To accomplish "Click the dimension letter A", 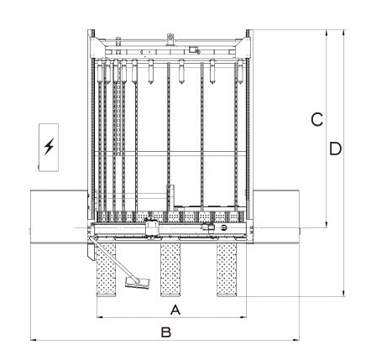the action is coord(175,310).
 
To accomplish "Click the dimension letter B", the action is coord(165,332).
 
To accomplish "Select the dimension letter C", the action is coord(317,120).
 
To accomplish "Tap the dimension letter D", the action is coord(335,149).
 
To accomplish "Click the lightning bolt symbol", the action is coord(49,146).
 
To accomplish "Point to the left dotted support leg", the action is coord(106,269).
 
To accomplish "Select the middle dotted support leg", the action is coord(170,269).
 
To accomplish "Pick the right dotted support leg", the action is coord(227,269).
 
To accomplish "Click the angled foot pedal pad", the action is coord(137,283).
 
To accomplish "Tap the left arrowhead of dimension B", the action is coord(34,340).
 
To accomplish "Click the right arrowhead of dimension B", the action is coord(295,340).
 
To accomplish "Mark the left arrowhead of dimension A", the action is coord(100,317).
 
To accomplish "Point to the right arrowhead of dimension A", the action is coord(243,317).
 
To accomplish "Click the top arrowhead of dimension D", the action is coord(344,33).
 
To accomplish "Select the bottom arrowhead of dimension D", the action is coord(344,293).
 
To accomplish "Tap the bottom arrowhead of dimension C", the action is coord(327,224).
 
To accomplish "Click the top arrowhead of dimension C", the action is coord(327,33).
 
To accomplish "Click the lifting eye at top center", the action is coord(170,37).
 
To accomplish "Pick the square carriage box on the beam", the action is coord(152,227).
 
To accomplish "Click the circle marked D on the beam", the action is coord(223,227).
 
